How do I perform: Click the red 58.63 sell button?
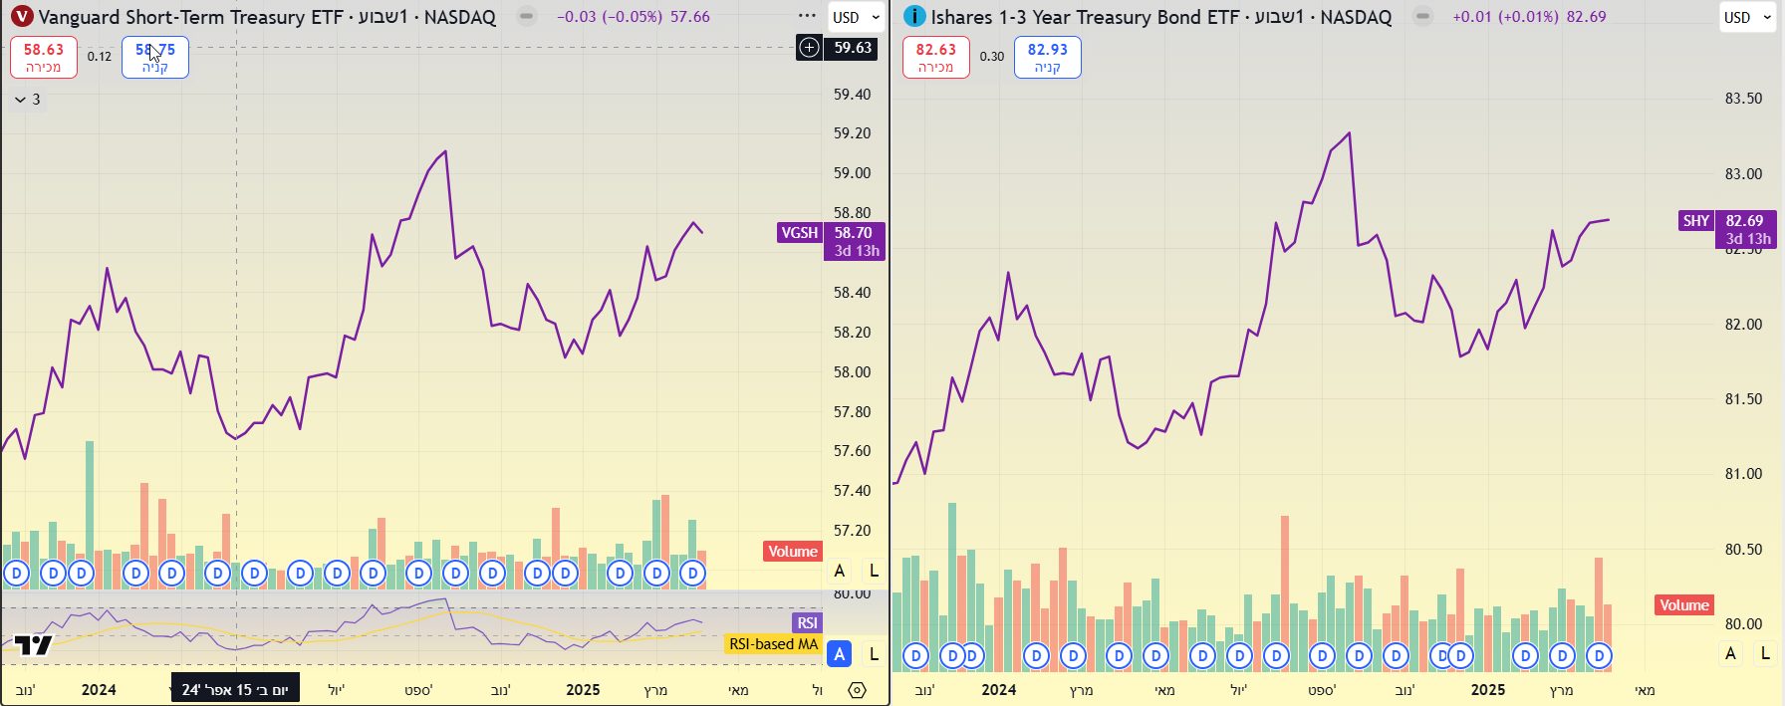pyautogui.click(x=44, y=57)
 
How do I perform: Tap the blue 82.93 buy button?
pyautogui.click(x=1047, y=57)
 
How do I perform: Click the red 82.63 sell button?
pyautogui.click(x=935, y=57)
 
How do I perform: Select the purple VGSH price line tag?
pyautogui.click(x=799, y=233)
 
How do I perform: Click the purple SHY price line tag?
pyautogui.click(x=1695, y=221)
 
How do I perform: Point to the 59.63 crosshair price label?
pyautogui.click(x=852, y=48)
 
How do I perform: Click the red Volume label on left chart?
pyautogui.click(x=792, y=552)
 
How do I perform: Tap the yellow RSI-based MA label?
pyautogui.click(x=773, y=644)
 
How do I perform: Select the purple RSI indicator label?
pyautogui.click(x=807, y=623)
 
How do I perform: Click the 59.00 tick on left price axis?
pyautogui.click(x=852, y=173)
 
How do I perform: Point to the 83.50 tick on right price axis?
pyautogui.click(x=1743, y=99)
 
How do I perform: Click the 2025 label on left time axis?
pyautogui.click(x=583, y=690)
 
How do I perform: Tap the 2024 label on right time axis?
pyautogui.click(x=998, y=690)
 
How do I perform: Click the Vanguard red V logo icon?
pyautogui.click(x=22, y=17)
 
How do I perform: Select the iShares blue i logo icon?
pyautogui.click(x=913, y=17)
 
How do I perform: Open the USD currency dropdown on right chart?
pyautogui.click(x=1748, y=17)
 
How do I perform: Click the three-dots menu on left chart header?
pyautogui.click(x=807, y=16)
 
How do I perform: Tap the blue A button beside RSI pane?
pyautogui.click(x=840, y=654)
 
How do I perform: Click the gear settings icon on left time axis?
pyautogui.click(x=857, y=690)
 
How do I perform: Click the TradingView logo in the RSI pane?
pyautogui.click(x=33, y=645)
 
